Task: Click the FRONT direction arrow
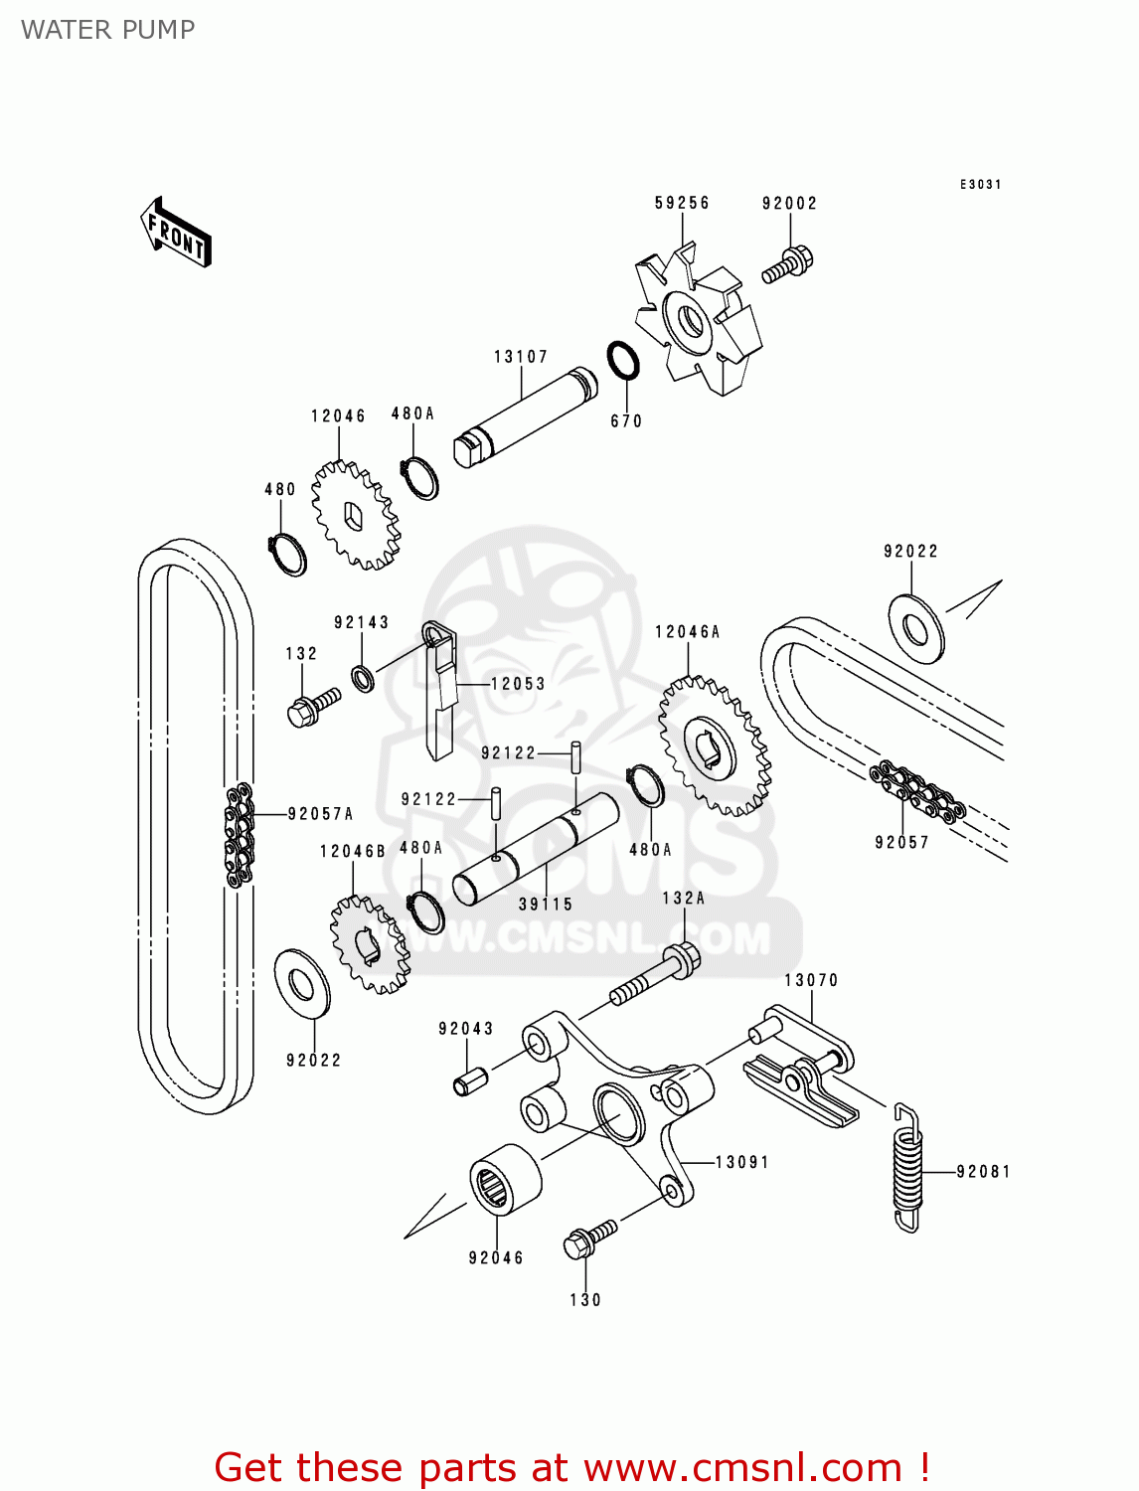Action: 177,233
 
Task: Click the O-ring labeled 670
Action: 623,361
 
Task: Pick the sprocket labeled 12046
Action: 356,515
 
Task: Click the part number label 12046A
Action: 687,632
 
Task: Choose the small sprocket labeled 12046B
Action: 369,944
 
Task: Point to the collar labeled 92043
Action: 469,1080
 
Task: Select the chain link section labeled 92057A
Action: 239,833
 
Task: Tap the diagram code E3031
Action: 980,185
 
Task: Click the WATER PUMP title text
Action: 108,30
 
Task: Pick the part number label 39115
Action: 546,905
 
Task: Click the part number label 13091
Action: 741,1162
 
